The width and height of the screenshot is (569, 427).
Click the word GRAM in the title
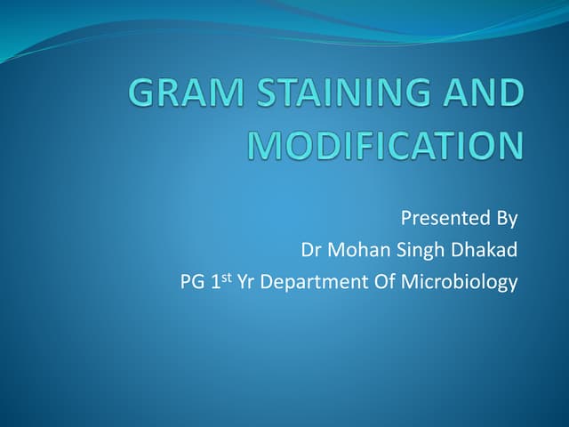(x=186, y=93)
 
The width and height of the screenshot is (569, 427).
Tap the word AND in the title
(x=483, y=93)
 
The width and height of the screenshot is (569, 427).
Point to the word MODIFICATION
(x=387, y=145)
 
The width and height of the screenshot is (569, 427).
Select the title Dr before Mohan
(x=312, y=250)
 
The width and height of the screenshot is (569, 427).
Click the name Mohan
(x=358, y=250)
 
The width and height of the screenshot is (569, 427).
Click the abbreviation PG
(x=192, y=282)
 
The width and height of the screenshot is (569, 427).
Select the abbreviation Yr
(x=245, y=282)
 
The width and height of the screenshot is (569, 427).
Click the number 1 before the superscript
(x=215, y=282)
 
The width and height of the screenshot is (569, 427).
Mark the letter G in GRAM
(x=140, y=93)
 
